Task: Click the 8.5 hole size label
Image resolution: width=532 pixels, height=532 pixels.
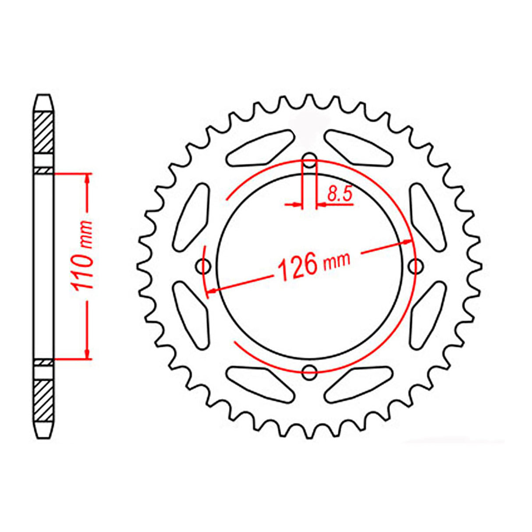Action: (340, 193)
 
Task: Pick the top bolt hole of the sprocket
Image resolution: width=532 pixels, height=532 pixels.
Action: (310, 160)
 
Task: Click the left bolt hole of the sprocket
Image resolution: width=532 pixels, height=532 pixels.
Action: (204, 265)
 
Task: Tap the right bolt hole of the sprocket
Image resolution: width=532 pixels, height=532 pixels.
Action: (415, 265)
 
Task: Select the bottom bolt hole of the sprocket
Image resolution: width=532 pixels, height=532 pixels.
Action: (310, 372)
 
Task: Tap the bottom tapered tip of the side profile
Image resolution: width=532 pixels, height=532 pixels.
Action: (44, 432)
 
